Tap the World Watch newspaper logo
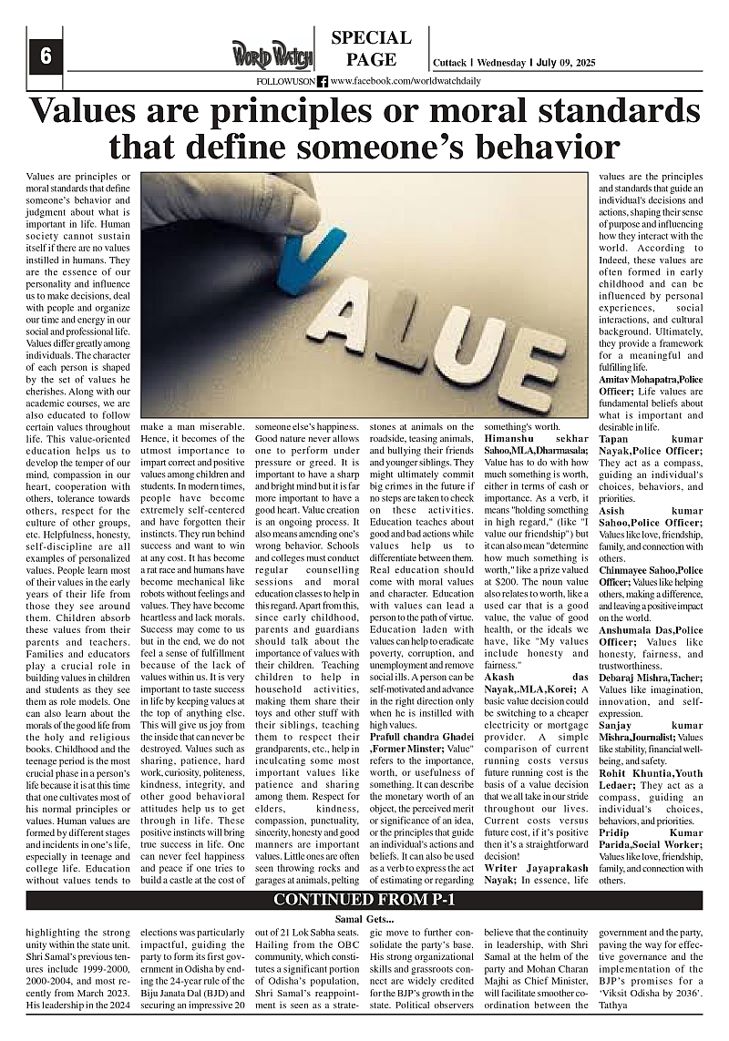point(272,55)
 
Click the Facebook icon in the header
point(323,81)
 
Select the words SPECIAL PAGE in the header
point(371,49)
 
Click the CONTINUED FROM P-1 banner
point(364,900)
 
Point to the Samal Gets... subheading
point(364,920)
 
